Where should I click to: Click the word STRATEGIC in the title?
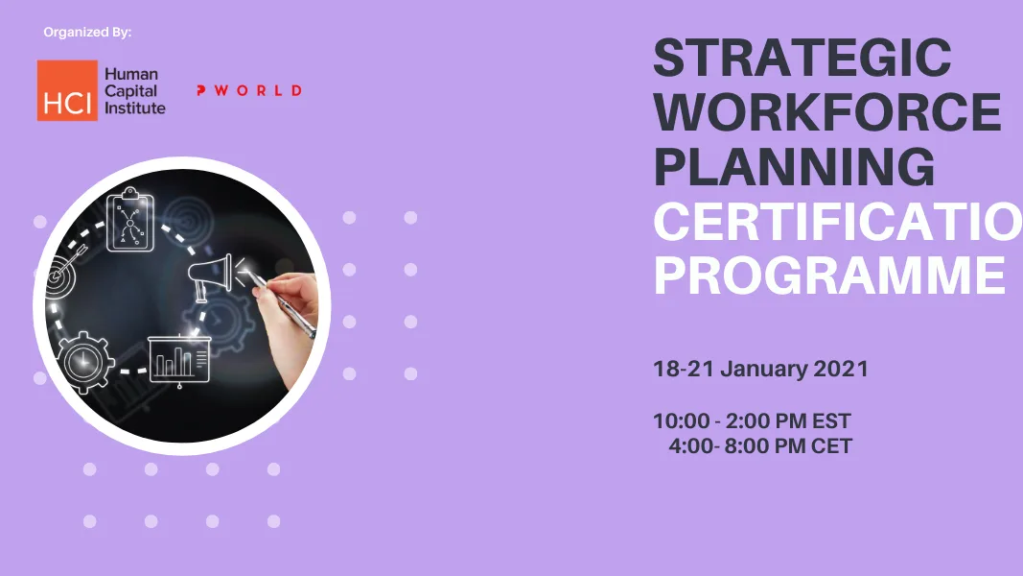[x=802, y=60]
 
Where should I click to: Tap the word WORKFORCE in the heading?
[x=827, y=113]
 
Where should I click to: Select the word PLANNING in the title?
[x=794, y=167]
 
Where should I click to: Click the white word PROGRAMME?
[x=829, y=276]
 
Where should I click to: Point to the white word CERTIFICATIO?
[x=837, y=223]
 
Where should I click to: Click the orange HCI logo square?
[x=67, y=91]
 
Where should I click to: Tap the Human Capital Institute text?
[x=134, y=91]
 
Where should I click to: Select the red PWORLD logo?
[x=248, y=90]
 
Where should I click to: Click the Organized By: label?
[x=87, y=33]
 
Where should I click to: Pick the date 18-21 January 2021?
[x=760, y=369]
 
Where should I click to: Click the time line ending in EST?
[x=752, y=421]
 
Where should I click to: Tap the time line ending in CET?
[x=760, y=445]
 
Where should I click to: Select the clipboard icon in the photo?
[x=130, y=221]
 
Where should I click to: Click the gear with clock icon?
[x=84, y=360]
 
